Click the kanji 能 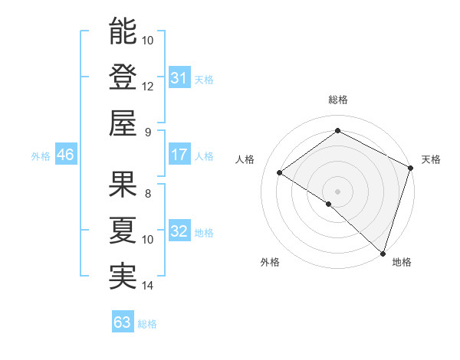point(123,31)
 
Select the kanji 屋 point(123,123)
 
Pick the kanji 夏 point(123,231)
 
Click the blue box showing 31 point(179,77)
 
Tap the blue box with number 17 point(179,155)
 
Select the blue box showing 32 point(179,231)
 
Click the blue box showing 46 point(65,155)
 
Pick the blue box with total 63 point(123,322)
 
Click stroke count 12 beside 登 point(148,86)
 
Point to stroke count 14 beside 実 point(148,286)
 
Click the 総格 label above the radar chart point(337,100)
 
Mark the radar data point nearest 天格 point(410,169)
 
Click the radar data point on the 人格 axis point(280,173)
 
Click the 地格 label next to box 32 point(205,233)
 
